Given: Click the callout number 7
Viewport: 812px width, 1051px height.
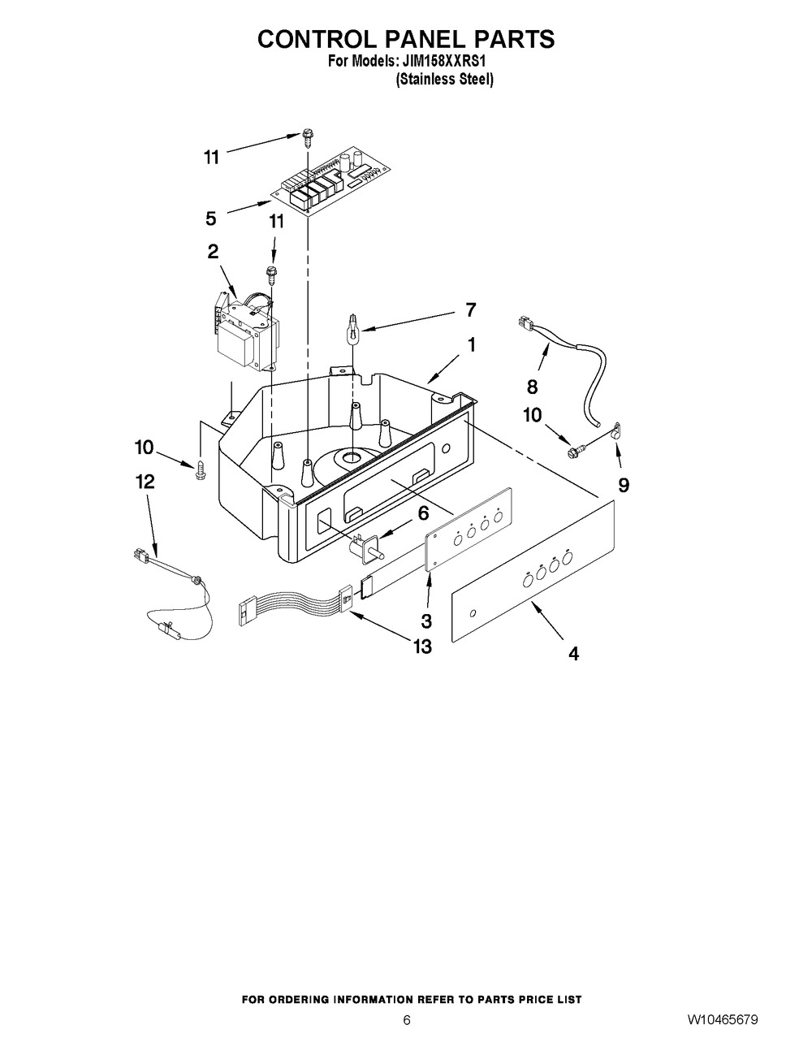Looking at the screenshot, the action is pyautogui.click(x=470, y=309).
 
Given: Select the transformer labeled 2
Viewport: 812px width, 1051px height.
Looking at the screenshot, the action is pyautogui.click(x=245, y=332).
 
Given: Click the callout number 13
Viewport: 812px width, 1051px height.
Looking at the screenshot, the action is pyautogui.click(x=422, y=647).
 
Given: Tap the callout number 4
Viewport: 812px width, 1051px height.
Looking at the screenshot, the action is pyautogui.click(x=573, y=654).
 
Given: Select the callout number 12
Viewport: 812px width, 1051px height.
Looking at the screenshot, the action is pyautogui.click(x=145, y=482).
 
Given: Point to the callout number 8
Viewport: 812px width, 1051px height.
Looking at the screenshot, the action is pyautogui.click(x=532, y=387).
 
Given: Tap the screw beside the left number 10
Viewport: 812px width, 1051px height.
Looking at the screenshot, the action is pyautogui.click(x=200, y=470).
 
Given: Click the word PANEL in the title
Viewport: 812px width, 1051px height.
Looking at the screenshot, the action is pyautogui.click(x=413, y=39).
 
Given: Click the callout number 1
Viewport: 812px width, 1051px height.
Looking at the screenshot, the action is pyautogui.click(x=471, y=345).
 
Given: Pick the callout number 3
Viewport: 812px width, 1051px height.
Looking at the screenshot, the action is pyautogui.click(x=425, y=621).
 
